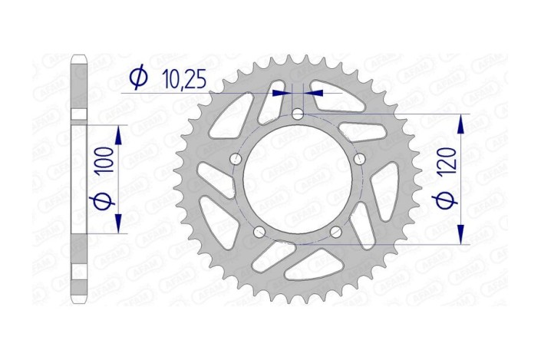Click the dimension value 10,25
pyautogui.click(x=185, y=78)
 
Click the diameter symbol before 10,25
pyautogui.click(x=139, y=78)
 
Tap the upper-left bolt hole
pyautogui.click(x=235, y=160)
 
